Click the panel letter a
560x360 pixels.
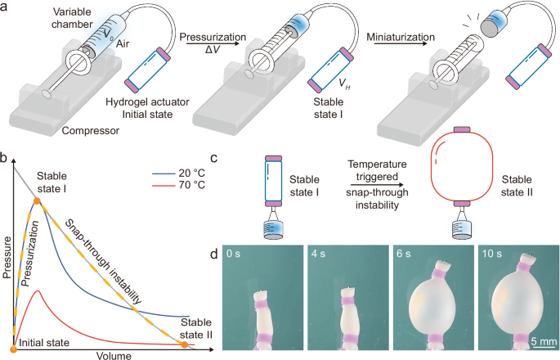click(x=6, y=7)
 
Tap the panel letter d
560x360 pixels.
click(x=214, y=255)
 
